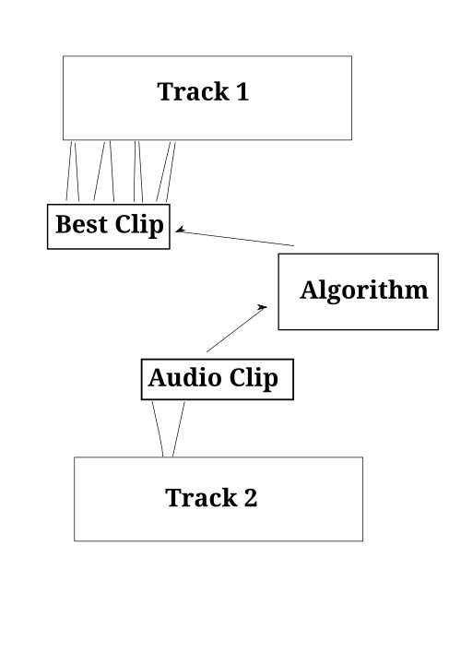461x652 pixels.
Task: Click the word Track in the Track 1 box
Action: [x=194, y=91]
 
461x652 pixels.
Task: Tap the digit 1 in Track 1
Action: [x=242, y=91]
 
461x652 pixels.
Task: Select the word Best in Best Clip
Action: [x=81, y=224]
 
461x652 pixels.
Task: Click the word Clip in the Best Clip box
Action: [x=139, y=226]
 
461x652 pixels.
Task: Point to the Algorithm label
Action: [x=364, y=290]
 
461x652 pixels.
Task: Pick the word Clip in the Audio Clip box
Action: [x=254, y=379]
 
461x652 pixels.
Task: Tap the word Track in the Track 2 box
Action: [x=201, y=498]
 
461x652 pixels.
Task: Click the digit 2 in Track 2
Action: [x=251, y=498]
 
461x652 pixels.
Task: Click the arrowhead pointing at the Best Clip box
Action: [x=180, y=230]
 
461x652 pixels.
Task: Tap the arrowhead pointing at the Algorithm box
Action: [x=263, y=308]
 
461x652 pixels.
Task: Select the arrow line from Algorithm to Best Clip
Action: [x=235, y=237]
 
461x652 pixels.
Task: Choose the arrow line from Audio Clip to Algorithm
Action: [x=237, y=329]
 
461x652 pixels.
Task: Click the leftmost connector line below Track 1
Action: [x=69, y=171]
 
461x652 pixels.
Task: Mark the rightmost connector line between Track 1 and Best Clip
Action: [x=171, y=172]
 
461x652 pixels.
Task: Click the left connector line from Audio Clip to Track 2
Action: [x=158, y=429]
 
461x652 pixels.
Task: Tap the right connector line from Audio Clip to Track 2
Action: [x=178, y=429]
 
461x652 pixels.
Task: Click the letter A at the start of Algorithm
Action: [x=310, y=290]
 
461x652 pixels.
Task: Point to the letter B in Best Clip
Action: [x=64, y=224]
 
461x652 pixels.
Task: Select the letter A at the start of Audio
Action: [x=159, y=377]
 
